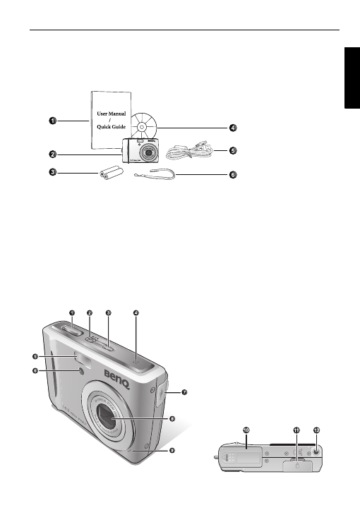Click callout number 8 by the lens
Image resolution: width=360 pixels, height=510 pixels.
(x=172, y=419)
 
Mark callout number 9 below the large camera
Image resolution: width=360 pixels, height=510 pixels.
(x=172, y=450)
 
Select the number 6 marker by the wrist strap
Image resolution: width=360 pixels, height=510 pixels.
(x=234, y=175)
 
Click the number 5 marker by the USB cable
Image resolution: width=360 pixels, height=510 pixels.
(x=234, y=150)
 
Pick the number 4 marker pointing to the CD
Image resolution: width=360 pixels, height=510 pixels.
(x=234, y=128)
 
